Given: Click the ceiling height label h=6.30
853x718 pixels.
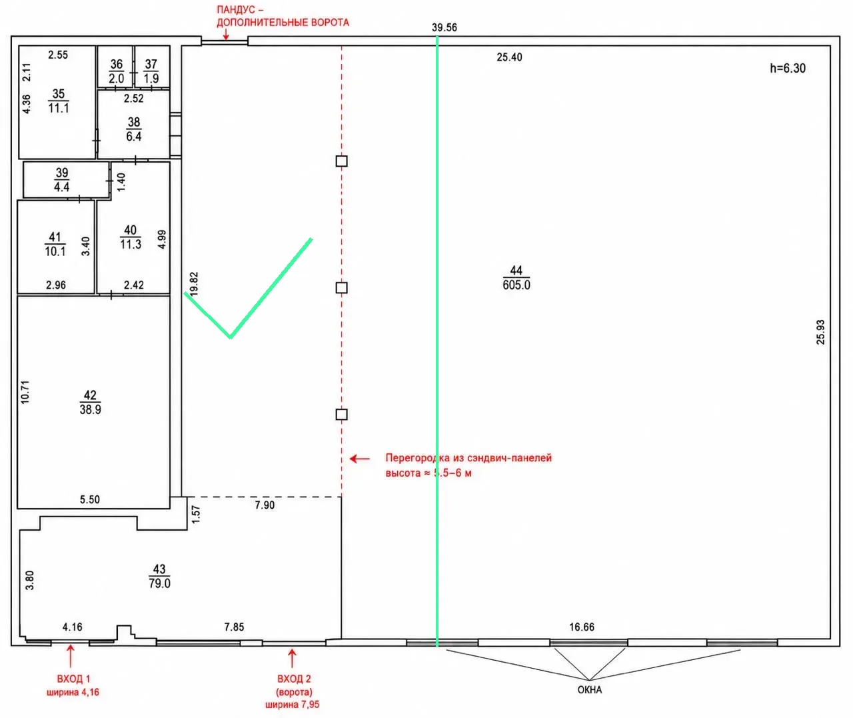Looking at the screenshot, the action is point(788,68).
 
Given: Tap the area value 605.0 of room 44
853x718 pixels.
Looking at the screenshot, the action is point(516,285).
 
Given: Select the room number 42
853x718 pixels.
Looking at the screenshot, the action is point(90,395).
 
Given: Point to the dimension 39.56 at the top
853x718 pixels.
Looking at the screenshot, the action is point(444,27).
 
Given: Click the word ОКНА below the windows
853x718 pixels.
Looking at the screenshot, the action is point(590,690).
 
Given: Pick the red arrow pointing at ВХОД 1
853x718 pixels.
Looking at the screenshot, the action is point(71,656).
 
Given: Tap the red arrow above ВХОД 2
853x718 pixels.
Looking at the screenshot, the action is point(292,659).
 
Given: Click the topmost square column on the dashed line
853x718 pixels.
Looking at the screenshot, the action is point(341,161).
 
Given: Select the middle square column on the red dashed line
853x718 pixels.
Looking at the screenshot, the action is point(341,288).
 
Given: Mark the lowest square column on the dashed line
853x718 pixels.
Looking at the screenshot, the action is point(341,415).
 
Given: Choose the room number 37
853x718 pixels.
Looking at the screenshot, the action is point(151,64).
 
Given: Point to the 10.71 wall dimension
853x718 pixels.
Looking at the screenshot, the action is point(25,392).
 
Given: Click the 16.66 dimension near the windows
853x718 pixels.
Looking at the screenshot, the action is point(582,627).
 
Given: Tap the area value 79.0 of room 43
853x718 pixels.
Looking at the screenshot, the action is point(159,583).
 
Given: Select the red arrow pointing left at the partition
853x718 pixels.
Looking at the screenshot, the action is point(359,459).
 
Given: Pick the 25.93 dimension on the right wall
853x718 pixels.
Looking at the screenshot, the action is point(820,332).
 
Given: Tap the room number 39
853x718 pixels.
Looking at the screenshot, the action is point(62,173).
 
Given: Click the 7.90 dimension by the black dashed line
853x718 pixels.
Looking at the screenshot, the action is point(265,505).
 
